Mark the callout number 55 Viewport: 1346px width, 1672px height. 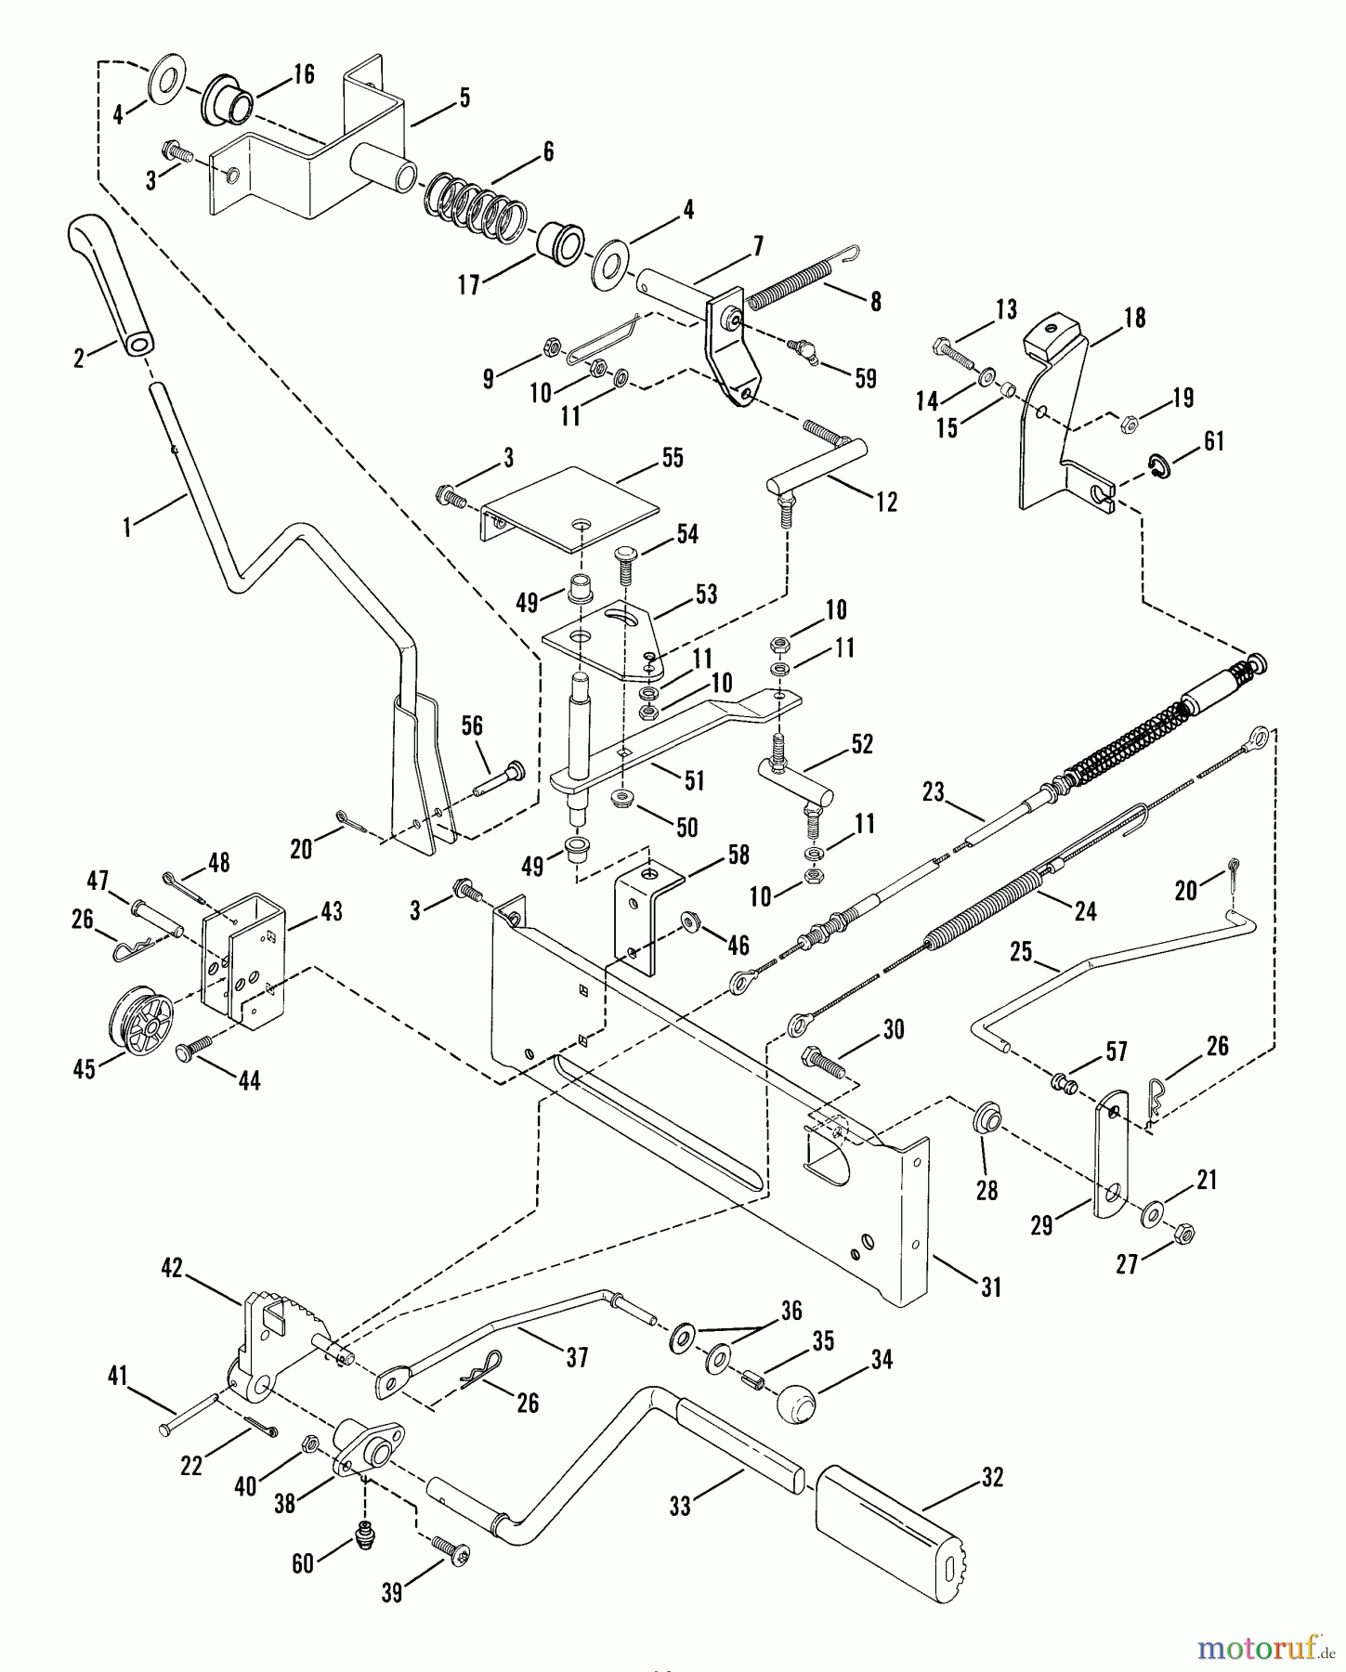tap(672, 458)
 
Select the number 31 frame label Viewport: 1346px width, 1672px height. tap(991, 1287)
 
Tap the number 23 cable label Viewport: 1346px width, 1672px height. tap(933, 792)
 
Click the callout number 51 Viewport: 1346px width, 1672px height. tap(694, 781)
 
